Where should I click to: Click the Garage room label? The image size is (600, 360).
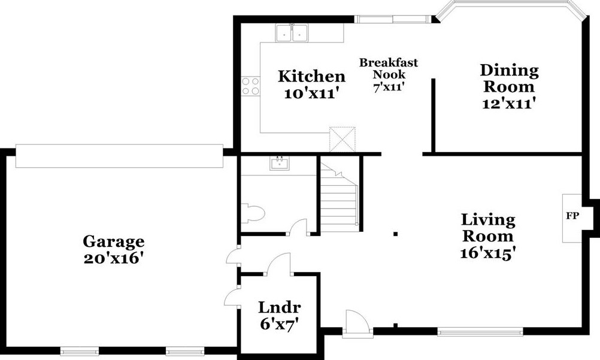point(113,241)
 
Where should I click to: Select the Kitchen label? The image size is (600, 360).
point(311,77)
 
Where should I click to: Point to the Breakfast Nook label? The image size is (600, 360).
point(389,69)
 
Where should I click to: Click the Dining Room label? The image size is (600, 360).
point(509,78)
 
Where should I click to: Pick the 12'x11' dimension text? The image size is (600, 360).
point(509,103)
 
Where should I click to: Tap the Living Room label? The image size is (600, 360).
point(488,228)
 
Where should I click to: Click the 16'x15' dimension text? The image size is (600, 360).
point(488,253)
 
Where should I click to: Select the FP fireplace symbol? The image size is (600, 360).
point(572,217)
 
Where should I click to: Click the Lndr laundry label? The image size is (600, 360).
point(279,308)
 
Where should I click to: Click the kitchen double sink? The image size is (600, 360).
point(292,34)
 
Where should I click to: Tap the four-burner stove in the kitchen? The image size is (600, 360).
point(250,86)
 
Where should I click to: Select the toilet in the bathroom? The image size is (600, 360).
point(252,214)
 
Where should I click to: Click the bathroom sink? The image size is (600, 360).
point(279,162)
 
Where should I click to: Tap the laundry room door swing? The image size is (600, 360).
point(277,265)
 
